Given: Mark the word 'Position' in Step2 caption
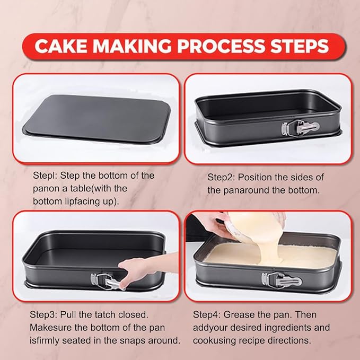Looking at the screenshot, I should (x=254, y=177).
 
